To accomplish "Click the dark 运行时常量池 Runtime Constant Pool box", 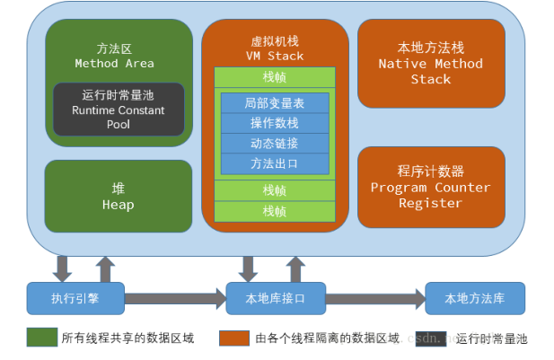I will coord(119,110).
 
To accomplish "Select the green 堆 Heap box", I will coord(119,197).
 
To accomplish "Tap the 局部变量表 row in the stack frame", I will coord(274,103).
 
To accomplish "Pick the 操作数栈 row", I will coord(274,123).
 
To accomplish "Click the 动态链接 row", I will coord(274,144).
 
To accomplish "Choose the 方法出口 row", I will coord(274,163).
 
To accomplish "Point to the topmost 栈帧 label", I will coord(274,76).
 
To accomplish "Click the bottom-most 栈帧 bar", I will coord(274,212).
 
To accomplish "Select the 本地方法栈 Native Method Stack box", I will coord(431,63).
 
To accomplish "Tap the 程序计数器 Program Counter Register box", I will coord(431,187).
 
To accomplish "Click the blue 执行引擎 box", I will coord(75,297).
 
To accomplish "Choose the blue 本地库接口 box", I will coord(274,297).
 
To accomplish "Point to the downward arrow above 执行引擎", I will coord(63,268).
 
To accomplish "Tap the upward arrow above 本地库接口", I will coord(295,268).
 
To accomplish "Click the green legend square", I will coord(41,338).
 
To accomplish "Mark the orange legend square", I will coord(234,338).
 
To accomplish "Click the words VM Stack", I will coord(274,56).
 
